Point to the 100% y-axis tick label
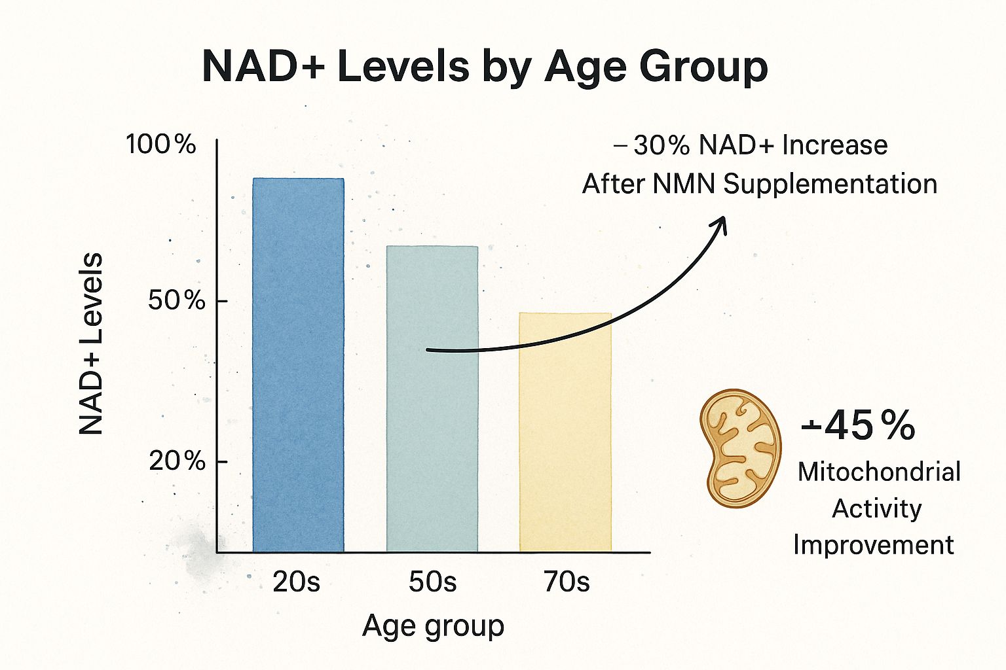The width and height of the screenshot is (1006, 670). click(161, 144)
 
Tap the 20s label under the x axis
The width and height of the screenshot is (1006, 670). click(296, 582)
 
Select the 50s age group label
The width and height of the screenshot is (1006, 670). click(432, 582)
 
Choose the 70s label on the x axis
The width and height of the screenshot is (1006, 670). click(567, 582)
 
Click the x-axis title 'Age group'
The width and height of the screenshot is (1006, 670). click(433, 626)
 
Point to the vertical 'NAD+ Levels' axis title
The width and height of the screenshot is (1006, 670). click(92, 344)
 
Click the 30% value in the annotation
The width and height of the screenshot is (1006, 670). click(661, 145)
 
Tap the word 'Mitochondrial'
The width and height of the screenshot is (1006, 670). click(879, 472)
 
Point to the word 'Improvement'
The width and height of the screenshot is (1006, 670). click(874, 544)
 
